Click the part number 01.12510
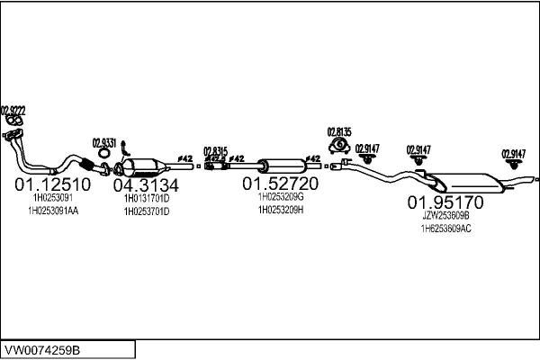point(52,184)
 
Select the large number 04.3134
point(146,185)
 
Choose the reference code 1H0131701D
point(147,198)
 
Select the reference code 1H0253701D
point(147,211)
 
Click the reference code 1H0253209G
point(281,196)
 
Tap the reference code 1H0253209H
point(281,210)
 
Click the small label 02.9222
point(13,109)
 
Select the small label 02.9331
point(103,141)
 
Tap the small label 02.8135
point(338,130)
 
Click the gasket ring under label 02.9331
point(104,168)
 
